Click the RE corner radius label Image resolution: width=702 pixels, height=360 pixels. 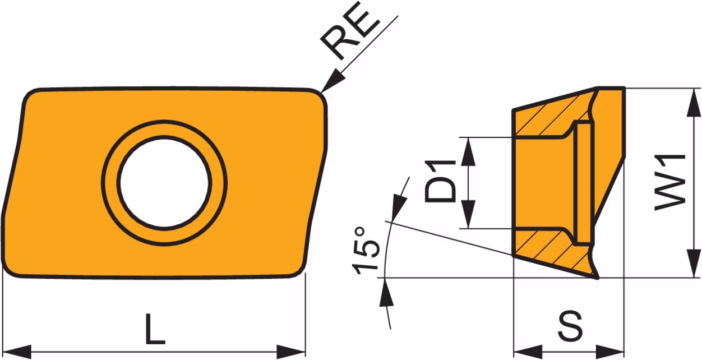[350, 31]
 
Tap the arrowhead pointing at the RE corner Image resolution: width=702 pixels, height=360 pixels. [333, 81]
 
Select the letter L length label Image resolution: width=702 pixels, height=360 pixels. [155, 329]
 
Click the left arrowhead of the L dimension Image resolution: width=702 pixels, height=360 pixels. [17, 352]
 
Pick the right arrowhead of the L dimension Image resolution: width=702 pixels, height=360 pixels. [291, 352]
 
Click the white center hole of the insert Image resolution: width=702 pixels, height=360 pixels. [164, 183]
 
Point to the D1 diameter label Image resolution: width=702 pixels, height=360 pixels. [440, 182]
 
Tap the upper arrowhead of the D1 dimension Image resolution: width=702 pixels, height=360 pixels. [468, 151]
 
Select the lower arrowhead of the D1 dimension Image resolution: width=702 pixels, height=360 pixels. [468, 214]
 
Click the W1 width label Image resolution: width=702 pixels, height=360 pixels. [671, 182]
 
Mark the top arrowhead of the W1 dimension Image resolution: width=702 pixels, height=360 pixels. [693, 103]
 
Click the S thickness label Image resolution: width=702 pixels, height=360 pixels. [570, 326]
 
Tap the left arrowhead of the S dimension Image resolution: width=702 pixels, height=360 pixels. [528, 352]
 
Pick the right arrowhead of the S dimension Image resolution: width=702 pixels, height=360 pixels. [610, 352]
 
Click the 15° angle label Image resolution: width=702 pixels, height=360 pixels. [366, 251]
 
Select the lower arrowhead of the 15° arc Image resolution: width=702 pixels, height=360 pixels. [386, 292]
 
